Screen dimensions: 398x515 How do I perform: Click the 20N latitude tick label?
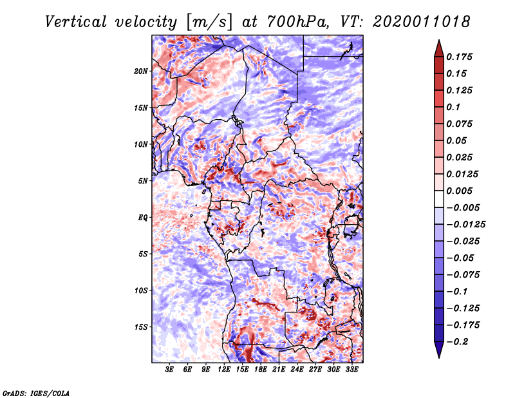[141, 71]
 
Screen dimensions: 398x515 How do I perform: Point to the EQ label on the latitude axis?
[143, 217]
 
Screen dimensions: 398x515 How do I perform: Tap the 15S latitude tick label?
[141, 327]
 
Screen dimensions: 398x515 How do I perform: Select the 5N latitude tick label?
[143, 180]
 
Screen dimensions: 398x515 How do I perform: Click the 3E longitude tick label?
[170, 370]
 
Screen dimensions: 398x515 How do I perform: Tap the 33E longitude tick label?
[351, 370]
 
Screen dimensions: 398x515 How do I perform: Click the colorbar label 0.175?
[460, 57]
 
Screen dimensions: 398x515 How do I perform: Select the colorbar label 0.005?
[460, 191]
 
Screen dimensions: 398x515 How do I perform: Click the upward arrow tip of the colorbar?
[438, 42]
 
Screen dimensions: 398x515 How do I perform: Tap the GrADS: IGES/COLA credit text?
[36, 392]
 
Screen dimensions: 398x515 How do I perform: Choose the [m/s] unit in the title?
[206, 22]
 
